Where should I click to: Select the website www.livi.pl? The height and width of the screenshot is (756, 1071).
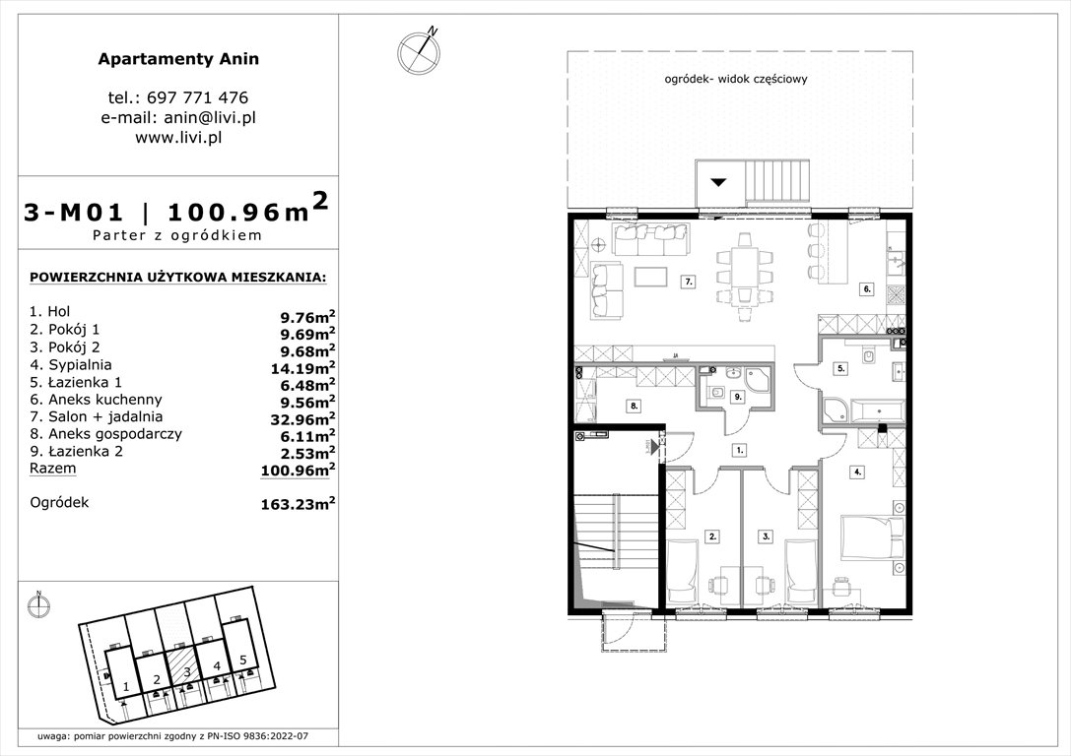[x=178, y=138]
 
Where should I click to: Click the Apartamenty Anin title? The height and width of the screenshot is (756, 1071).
[x=178, y=59]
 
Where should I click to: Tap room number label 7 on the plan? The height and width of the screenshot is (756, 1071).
[x=690, y=282]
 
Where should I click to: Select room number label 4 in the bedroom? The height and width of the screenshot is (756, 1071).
[x=857, y=472]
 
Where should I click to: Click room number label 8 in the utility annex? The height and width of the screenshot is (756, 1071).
[x=635, y=405]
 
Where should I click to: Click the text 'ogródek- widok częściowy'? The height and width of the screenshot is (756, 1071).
[x=736, y=80]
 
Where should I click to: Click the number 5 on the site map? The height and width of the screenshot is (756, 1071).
[x=242, y=661]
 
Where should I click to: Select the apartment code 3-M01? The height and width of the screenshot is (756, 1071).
[x=74, y=211]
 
